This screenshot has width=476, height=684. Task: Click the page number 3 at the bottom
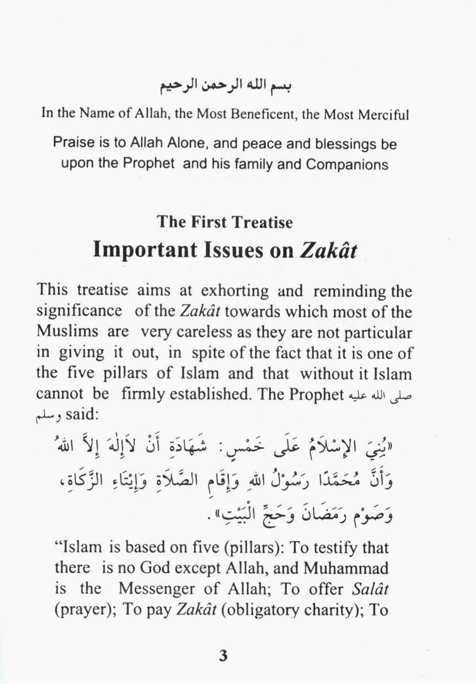(223, 656)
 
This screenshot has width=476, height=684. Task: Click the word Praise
(69, 144)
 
